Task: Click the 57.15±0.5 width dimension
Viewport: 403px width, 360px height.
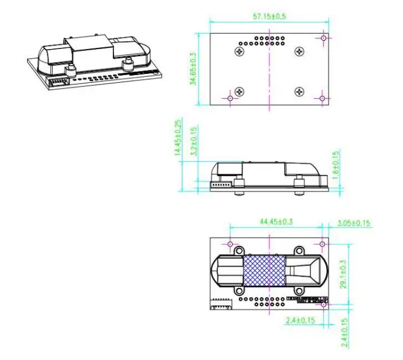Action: click(269, 17)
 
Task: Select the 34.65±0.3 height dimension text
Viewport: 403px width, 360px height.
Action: click(192, 69)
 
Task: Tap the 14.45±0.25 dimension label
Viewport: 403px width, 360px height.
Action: click(177, 138)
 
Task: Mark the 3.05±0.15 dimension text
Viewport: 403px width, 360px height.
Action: click(353, 223)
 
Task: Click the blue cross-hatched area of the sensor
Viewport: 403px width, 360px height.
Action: click(265, 270)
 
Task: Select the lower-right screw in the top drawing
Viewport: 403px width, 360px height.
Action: click(300, 92)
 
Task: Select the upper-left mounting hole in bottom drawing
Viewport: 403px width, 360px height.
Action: click(230, 244)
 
